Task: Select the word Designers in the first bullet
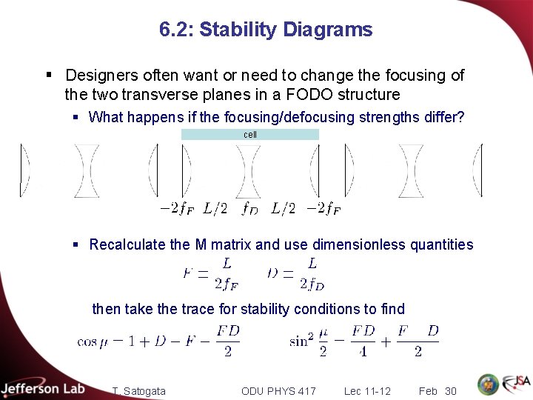[x=100, y=76]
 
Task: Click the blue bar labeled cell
[x=250, y=135]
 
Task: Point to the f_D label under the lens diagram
[x=249, y=209]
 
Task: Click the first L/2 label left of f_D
[x=215, y=209]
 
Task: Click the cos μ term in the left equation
[x=93, y=341]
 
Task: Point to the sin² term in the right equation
[x=301, y=341]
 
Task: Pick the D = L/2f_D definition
[x=296, y=273]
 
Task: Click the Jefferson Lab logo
[x=43, y=387]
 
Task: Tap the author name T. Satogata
[x=139, y=391]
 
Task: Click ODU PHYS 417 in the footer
[x=278, y=391]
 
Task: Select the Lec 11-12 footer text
[x=367, y=391]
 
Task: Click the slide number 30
[x=451, y=391]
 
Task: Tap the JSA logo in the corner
[x=516, y=384]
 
